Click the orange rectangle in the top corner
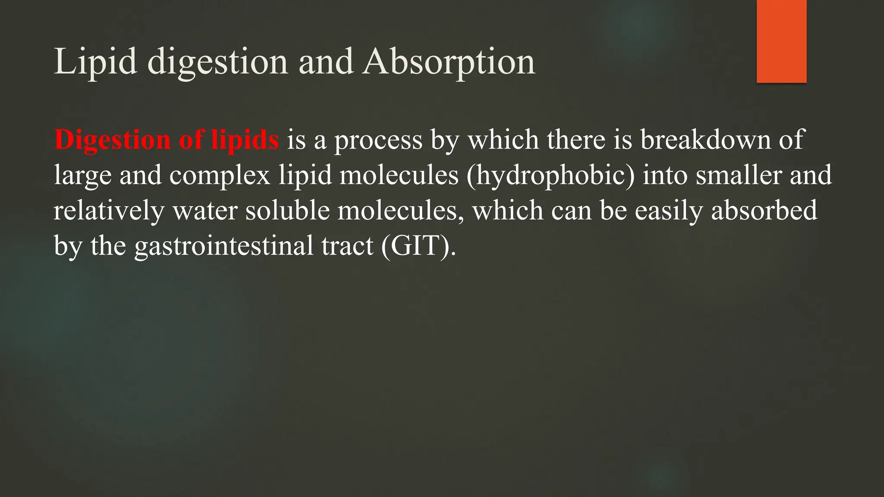[781, 41]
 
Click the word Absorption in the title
[449, 62]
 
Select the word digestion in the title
[218, 62]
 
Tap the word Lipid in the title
[95, 62]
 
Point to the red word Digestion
[112, 140]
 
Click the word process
[378, 140]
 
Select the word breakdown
[705, 140]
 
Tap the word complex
[220, 176]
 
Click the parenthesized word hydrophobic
[550, 176]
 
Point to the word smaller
[739, 176]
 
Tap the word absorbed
[764, 211]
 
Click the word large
[82, 176]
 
